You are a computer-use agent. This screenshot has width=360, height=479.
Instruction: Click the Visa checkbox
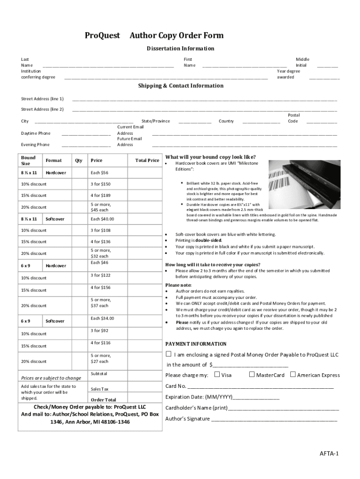pyautogui.click(x=217, y=374)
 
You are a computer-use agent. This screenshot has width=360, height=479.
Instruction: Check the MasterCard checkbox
pyautogui.click(x=252, y=374)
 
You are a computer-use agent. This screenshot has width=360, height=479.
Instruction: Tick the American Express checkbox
pyautogui.click(x=293, y=374)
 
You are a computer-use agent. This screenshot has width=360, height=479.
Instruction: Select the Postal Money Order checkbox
pyautogui.click(x=168, y=354)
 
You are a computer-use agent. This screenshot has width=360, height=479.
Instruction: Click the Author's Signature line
pyautogui.click(x=274, y=419)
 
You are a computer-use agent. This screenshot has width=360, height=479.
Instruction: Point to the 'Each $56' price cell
pyautogui.click(x=99, y=173)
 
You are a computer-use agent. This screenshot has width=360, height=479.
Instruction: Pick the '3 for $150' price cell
pyautogui.click(x=101, y=184)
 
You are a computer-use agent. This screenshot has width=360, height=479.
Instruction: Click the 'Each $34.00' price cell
pyautogui.click(x=102, y=319)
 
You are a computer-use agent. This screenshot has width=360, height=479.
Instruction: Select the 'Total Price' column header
pyautogui.click(x=147, y=160)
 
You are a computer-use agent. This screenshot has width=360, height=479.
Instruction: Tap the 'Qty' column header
pyautogui.click(x=79, y=160)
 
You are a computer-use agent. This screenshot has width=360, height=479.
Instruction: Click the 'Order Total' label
pyautogui.click(x=103, y=400)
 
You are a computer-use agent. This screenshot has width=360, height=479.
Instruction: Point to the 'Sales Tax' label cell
pyautogui.click(x=100, y=389)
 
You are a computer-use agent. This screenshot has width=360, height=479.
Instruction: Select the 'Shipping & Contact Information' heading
pyautogui.click(x=180, y=86)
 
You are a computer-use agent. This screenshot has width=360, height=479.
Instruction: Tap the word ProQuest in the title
pyautogui.click(x=102, y=36)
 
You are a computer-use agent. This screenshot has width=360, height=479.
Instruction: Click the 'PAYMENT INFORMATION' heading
pyautogui.click(x=196, y=344)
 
